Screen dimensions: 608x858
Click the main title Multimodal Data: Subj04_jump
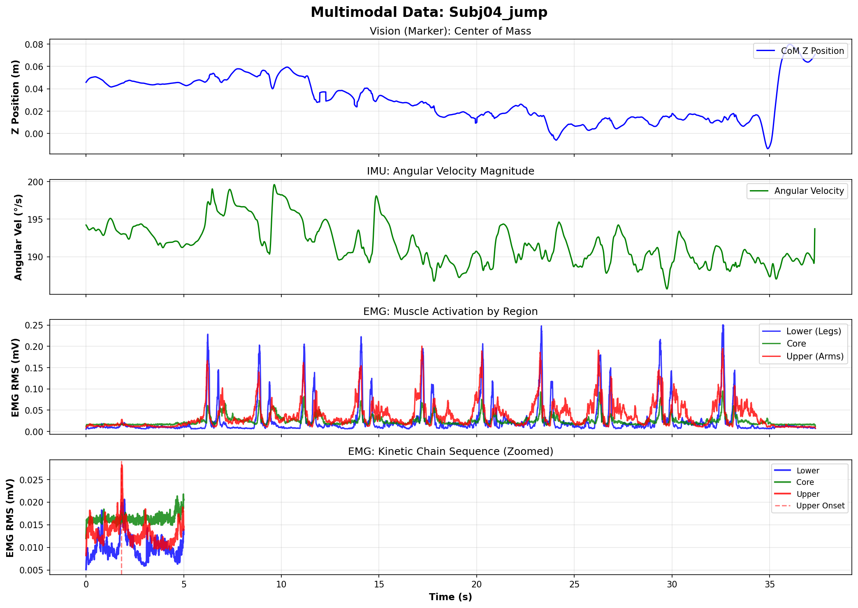tap(429, 12)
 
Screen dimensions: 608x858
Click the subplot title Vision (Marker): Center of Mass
tap(450, 31)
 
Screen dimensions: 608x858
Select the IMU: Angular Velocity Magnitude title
tap(450, 171)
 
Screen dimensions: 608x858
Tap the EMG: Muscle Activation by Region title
tap(450, 312)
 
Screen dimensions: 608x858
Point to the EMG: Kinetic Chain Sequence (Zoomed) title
tap(450, 452)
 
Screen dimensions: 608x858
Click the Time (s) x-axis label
tap(450, 597)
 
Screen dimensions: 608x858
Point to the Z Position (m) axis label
tap(16, 97)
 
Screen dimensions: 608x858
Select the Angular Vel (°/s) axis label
tap(18, 237)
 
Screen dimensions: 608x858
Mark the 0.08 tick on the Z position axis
tap(35, 44)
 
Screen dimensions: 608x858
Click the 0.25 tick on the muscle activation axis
tap(35, 326)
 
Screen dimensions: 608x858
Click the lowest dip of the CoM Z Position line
tap(768, 149)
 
